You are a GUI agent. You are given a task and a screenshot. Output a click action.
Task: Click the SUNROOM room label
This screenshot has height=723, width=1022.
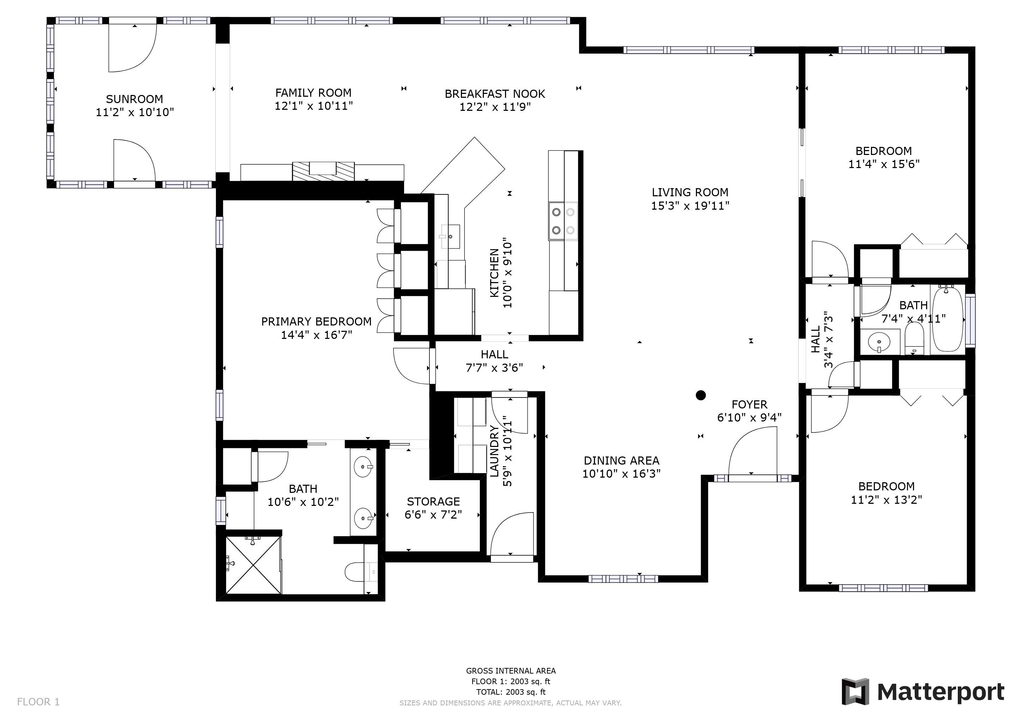coord(134,99)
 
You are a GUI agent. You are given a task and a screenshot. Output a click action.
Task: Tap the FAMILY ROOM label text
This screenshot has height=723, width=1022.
coord(313,92)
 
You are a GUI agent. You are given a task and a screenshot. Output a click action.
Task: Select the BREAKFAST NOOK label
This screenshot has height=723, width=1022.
coord(495,94)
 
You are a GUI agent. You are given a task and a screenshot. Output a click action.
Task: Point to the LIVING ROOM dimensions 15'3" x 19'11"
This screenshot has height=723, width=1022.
coord(690,206)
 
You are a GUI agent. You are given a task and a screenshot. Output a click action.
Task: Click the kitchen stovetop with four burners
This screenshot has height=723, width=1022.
coord(563,221)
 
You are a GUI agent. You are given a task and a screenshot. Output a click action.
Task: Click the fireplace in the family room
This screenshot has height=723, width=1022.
coord(323,171)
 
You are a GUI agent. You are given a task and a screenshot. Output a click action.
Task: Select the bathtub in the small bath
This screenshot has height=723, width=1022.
coord(947,319)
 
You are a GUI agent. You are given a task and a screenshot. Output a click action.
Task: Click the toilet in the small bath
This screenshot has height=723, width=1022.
coord(915,338)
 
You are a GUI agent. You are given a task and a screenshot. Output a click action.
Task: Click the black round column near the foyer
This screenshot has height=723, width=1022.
coord(701,395)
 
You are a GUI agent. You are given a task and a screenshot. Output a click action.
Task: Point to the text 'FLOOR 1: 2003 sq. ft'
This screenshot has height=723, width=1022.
coord(511,681)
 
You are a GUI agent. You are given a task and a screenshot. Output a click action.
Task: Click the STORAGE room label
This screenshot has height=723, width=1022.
coord(433,502)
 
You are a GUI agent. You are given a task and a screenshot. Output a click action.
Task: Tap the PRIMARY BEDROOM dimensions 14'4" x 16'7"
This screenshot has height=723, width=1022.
coord(317,335)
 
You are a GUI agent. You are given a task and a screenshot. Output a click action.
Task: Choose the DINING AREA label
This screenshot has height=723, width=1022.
coord(621,461)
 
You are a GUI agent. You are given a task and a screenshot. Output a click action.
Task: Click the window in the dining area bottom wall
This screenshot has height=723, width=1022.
coord(623,579)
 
